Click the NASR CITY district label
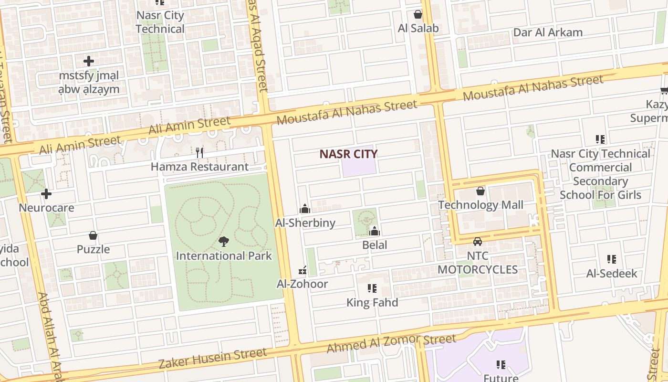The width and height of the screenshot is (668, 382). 348,154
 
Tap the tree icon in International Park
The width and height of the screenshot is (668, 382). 223,242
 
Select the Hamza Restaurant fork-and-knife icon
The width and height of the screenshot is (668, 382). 199,153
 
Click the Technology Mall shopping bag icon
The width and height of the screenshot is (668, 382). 480,191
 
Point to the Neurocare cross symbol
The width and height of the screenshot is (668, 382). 46,194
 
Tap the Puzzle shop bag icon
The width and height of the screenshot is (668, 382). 93,235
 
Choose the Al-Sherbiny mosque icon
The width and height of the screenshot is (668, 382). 305,209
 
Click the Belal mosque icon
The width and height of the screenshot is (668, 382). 375,232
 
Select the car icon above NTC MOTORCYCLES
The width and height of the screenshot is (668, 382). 477,242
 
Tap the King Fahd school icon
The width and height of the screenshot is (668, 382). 372,288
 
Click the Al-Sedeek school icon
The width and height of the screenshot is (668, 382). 612,259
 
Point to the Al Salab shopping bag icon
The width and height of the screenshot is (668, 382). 418,14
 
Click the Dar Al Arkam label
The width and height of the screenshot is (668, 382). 548,32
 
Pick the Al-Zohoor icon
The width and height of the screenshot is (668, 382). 302,270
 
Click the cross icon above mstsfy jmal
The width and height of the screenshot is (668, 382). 88,61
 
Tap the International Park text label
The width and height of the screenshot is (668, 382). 224,255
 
